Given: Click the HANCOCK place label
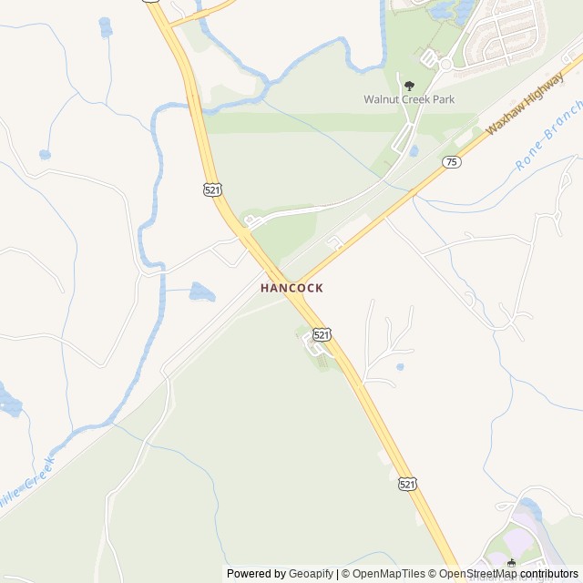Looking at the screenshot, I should (291, 287).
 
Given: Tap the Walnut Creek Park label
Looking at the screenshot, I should (409, 99).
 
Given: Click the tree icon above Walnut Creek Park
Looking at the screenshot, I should (408, 85).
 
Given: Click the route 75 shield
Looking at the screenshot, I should (451, 161).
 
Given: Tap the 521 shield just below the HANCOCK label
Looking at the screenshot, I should (321, 335).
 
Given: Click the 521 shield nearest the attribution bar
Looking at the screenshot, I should (407, 485).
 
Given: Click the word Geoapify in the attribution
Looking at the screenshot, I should (311, 574).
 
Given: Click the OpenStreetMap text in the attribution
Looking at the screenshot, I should (480, 574).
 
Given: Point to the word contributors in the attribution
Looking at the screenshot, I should (549, 574).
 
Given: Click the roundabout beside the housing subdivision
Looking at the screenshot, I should (446, 65).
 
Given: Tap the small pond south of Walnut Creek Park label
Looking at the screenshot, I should (414, 150).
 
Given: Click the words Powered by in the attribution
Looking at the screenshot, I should (256, 574).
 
